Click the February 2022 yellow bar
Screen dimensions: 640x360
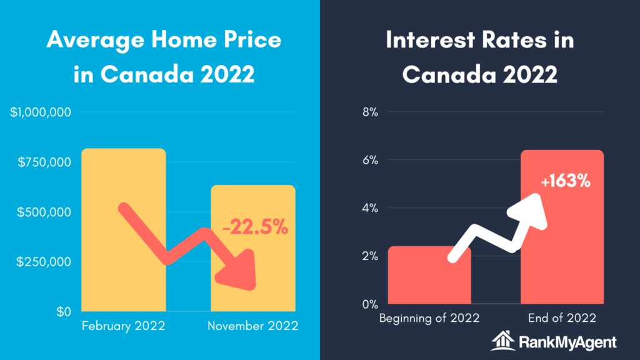pos(124,230)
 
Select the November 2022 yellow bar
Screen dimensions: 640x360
pos(253,248)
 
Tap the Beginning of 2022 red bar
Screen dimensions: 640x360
pos(429,275)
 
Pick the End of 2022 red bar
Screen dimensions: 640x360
pos(562,227)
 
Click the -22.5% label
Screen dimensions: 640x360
pos(255,227)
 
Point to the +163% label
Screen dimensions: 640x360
pos(566,181)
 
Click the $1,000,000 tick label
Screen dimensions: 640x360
pos(41,112)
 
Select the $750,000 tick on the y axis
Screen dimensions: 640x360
pos(44,162)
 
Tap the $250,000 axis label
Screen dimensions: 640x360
pos(44,262)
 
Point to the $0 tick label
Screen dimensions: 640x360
pos(64,312)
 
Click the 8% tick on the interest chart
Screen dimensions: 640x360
pos(370,112)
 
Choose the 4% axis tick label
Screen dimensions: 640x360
pos(370,208)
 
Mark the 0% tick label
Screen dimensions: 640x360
pos(370,304)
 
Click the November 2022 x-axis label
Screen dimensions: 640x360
pos(253,326)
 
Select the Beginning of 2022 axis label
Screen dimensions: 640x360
pos(429,318)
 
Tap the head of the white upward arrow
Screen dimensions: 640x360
pos(528,211)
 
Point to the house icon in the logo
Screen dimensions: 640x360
pos(503,341)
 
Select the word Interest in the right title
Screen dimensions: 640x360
pos(430,39)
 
